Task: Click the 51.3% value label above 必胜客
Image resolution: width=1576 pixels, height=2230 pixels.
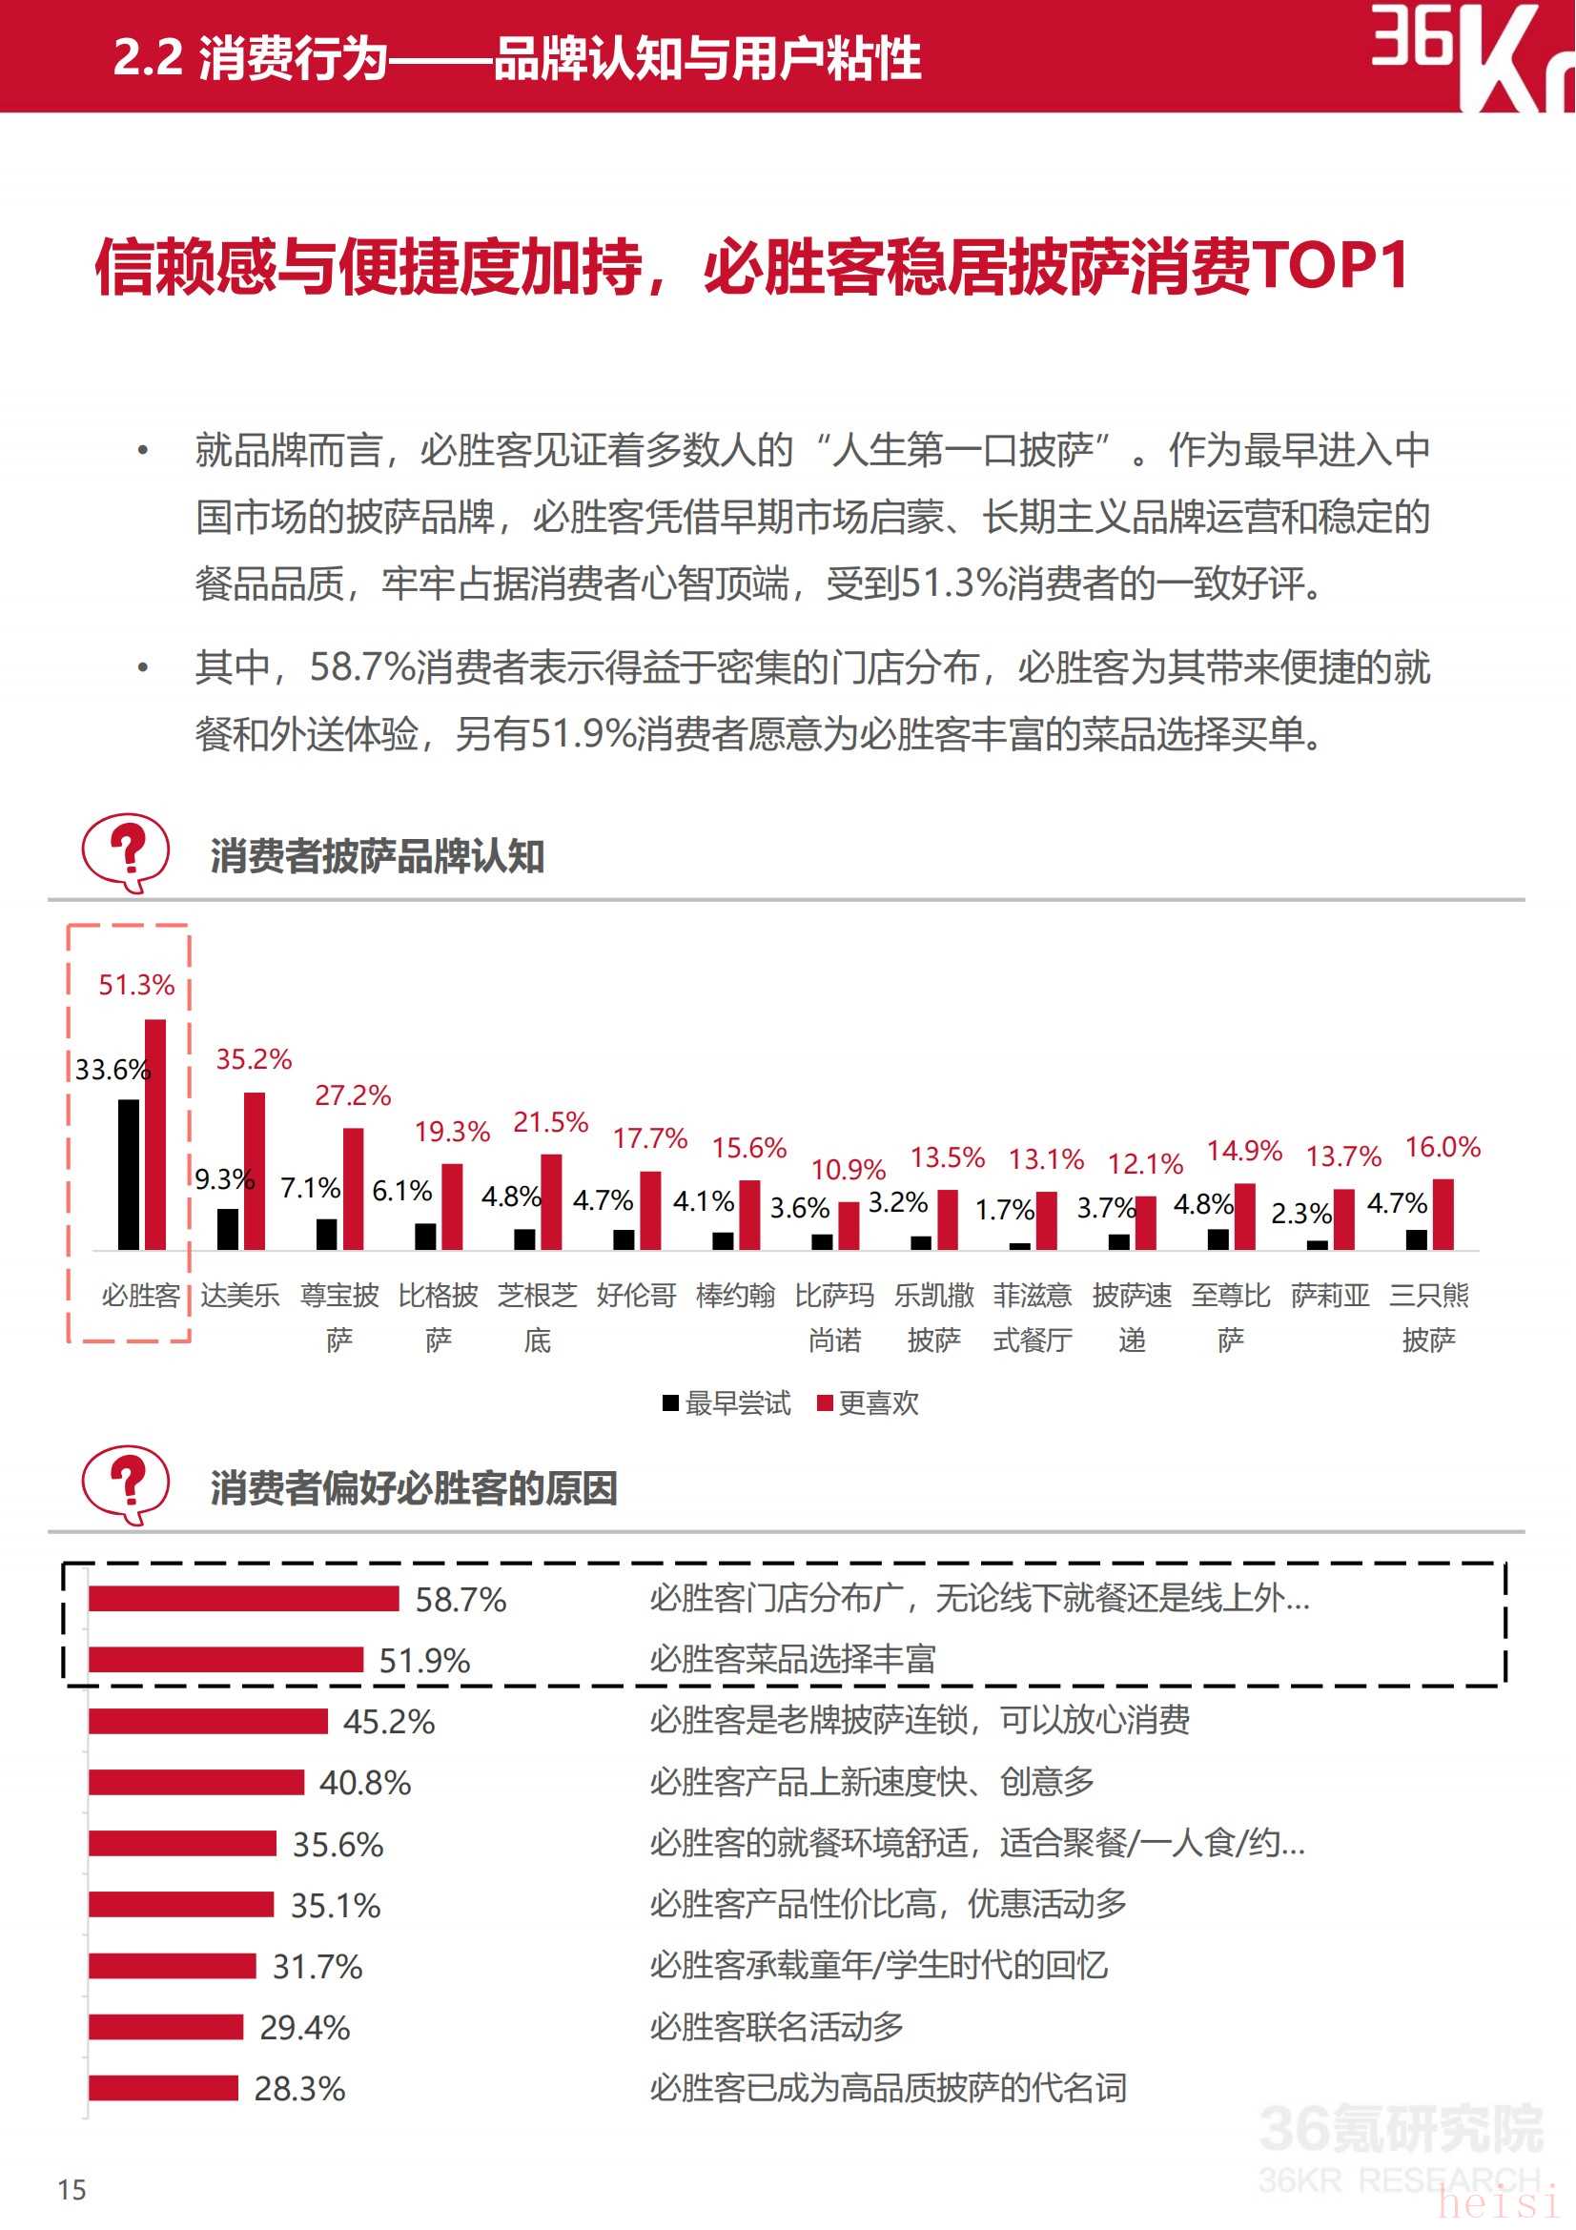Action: pyautogui.click(x=136, y=985)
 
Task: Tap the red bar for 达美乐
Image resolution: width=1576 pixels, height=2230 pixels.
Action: pyautogui.click(x=255, y=1171)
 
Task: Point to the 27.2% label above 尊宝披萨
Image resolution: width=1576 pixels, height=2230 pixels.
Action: pyautogui.click(x=353, y=1095)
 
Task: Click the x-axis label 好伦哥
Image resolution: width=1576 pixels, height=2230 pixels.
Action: pyautogui.click(x=636, y=1295)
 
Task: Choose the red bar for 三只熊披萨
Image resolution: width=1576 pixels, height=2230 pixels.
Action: pyautogui.click(x=1443, y=1214)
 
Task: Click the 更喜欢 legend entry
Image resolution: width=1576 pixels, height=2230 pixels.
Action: pyautogui.click(x=869, y=1402)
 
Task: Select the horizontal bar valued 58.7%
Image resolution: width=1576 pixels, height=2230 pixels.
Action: pyautogui.click(x=244, y=1599)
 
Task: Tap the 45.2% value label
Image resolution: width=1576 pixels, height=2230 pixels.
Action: pyautogui.click(x=388, y=1722)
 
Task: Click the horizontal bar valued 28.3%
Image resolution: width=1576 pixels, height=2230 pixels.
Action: pyautogui.click(x=163, y=2088)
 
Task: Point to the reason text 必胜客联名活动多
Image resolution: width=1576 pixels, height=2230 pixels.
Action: pyautogui.click(x=776, y=2027)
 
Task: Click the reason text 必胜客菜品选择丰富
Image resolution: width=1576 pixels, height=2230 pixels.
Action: pyautogui.click(x=792, y=1659)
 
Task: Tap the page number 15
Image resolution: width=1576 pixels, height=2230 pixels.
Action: pyautogui.click(x=72, y=2189)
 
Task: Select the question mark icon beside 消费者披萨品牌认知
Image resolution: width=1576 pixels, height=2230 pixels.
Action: pyautogui.click(x=126, y=850)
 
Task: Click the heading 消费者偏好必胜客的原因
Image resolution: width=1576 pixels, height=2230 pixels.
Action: pyautogui.click(x=414, y=1488)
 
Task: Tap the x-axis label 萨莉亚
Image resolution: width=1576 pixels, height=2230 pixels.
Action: pyautogui.click(x=1329, y=1295)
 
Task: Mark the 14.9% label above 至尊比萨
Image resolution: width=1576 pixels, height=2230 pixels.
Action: pyautogui.click(x=1244, y=1151)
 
